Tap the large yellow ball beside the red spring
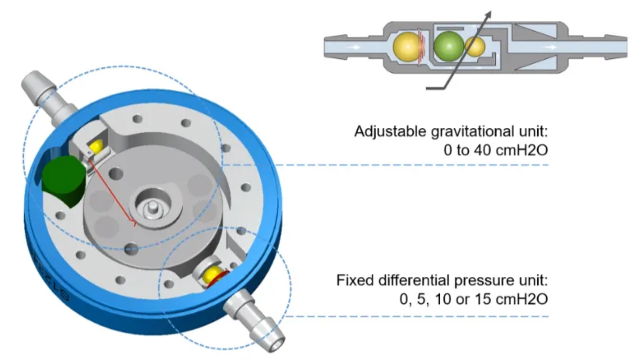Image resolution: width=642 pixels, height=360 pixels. tap(406, 46)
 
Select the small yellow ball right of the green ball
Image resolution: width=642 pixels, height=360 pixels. tap(474, 47)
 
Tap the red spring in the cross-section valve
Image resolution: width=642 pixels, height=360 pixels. tap(422, 46)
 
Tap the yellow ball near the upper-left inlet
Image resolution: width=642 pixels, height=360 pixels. tap(98, 147)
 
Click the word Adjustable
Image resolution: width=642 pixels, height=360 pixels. tap(383, 130)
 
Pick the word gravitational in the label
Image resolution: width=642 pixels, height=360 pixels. tap(454, 130)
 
